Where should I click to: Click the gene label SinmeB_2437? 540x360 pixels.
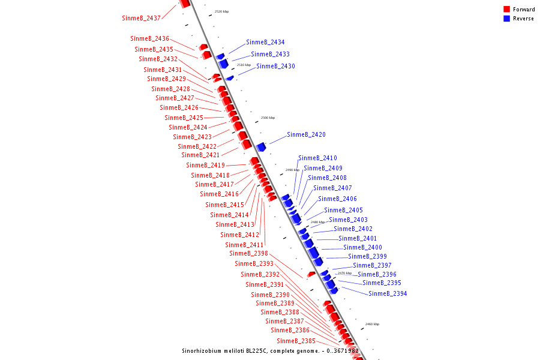tap(141, 18)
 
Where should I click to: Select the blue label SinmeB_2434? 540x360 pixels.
tap(265, 43)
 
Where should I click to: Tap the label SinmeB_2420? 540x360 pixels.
tap(306, 135)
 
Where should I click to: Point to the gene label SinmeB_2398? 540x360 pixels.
tap(248, 254)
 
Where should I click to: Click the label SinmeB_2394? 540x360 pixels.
tap(388, 294)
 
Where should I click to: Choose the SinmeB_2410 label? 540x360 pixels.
tap(317, 158)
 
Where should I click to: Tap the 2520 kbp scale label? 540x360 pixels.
tap(221, 11)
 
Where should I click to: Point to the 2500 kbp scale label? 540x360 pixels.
tap(268, 118)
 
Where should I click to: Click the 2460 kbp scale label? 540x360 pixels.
tap(372, 324)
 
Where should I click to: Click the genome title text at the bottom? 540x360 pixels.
tap(270, 351)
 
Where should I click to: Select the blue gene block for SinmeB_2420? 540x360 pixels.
tap(261, 147)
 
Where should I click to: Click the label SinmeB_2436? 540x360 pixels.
tap(150, 39)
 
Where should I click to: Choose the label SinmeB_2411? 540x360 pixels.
tap(244, 245)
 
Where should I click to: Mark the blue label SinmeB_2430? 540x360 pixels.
tap(275, 67)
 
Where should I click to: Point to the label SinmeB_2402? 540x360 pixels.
tap(353, 229)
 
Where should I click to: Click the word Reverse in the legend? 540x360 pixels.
tap(523, 19)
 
